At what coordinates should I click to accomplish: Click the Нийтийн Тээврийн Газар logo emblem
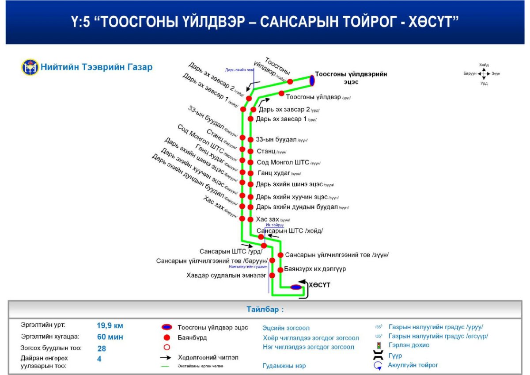(x=30, y=68)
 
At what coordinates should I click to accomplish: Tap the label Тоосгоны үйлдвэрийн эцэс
(x=351, y=78)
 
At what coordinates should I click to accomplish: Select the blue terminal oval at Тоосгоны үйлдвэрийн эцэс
(x=312, y=80)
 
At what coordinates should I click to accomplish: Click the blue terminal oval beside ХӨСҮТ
(x=296, y=287)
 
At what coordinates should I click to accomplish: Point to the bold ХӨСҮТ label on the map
(x=319, y=285)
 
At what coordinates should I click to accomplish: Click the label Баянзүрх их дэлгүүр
(x=315, y=269)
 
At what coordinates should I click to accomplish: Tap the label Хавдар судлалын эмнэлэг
(x=227, y=275)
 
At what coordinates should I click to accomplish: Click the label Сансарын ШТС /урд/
(x=231, y=251)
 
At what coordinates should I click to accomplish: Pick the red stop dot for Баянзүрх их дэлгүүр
(x=280, y=269)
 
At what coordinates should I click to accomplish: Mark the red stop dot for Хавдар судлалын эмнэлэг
(x=272, y=275)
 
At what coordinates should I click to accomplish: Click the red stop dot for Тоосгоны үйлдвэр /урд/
(x=281, y=93)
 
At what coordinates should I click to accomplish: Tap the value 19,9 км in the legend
(x=110, y=325)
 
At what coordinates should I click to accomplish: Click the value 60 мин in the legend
(x=110, y=337)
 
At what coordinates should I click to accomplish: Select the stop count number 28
(x=102, y=348)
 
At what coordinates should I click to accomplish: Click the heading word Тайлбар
(x=264, y=310)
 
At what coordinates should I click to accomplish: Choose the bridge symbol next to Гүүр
(x=378, y=355)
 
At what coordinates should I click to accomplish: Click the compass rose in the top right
(x=484, y=73)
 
